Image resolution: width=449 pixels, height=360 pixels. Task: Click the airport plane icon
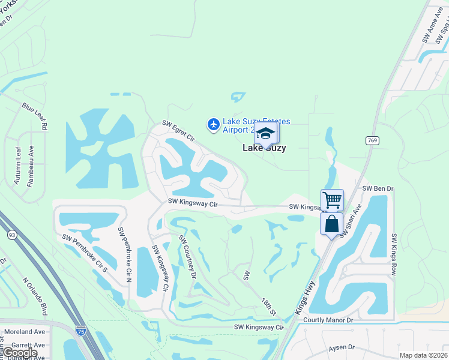[212, 124]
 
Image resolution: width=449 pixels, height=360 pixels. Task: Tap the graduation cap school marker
[265, 133]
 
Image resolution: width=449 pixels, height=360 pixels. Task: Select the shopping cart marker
[331, 200]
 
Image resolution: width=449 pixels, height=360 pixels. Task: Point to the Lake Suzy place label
[264, 148]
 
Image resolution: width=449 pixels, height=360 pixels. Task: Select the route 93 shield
[12, 235]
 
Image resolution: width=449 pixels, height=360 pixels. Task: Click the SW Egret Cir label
[178, 130]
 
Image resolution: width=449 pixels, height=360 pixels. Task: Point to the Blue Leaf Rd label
[34, 116]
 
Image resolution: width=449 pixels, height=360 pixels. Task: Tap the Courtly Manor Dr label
[328, 320]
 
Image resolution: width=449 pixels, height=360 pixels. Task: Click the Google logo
[19, 353]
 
